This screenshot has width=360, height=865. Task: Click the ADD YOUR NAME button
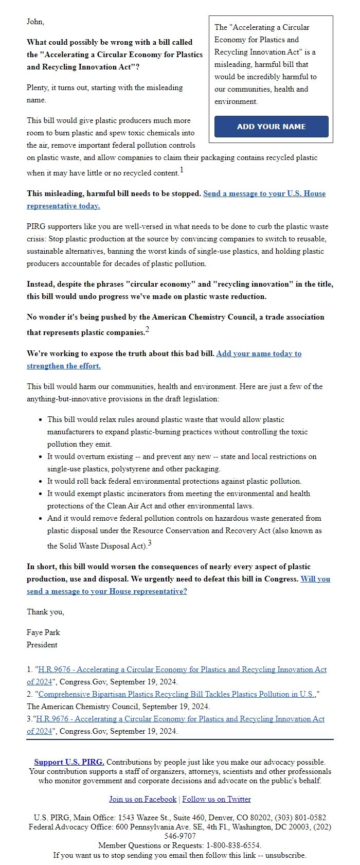click(x=271, y=127)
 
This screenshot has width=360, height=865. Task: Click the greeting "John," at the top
click(x=35, y=22)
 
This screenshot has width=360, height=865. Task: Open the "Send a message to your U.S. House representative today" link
click(x=264, y=193)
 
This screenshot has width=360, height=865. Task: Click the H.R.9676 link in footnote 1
click(x=182, y=669)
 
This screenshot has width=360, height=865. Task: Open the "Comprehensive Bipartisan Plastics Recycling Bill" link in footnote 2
click(x=177, y=694)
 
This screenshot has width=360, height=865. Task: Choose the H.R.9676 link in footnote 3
click(x=180, y=719)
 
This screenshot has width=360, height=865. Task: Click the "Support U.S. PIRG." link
click(x=69, y=762)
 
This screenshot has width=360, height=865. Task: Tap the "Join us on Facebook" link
click(x=142, y=799)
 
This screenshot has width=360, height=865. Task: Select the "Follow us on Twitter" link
click(x=217, y=799)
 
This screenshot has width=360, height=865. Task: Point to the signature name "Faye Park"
click(x=43, y=632)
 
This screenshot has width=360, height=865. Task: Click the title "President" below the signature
click(x=42, y=645)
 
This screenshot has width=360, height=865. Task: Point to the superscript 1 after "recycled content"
click(x=182, y=170)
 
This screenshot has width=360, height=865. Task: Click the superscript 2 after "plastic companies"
click(x=147, y=330)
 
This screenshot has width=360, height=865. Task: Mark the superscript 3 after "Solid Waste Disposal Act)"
click(x=150, y=543)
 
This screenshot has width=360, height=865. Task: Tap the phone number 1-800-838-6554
click(x=233, y=845)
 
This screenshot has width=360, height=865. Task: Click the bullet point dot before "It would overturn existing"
click(x=40, y=457)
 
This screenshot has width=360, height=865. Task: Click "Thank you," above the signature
click(x=45, y=612)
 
